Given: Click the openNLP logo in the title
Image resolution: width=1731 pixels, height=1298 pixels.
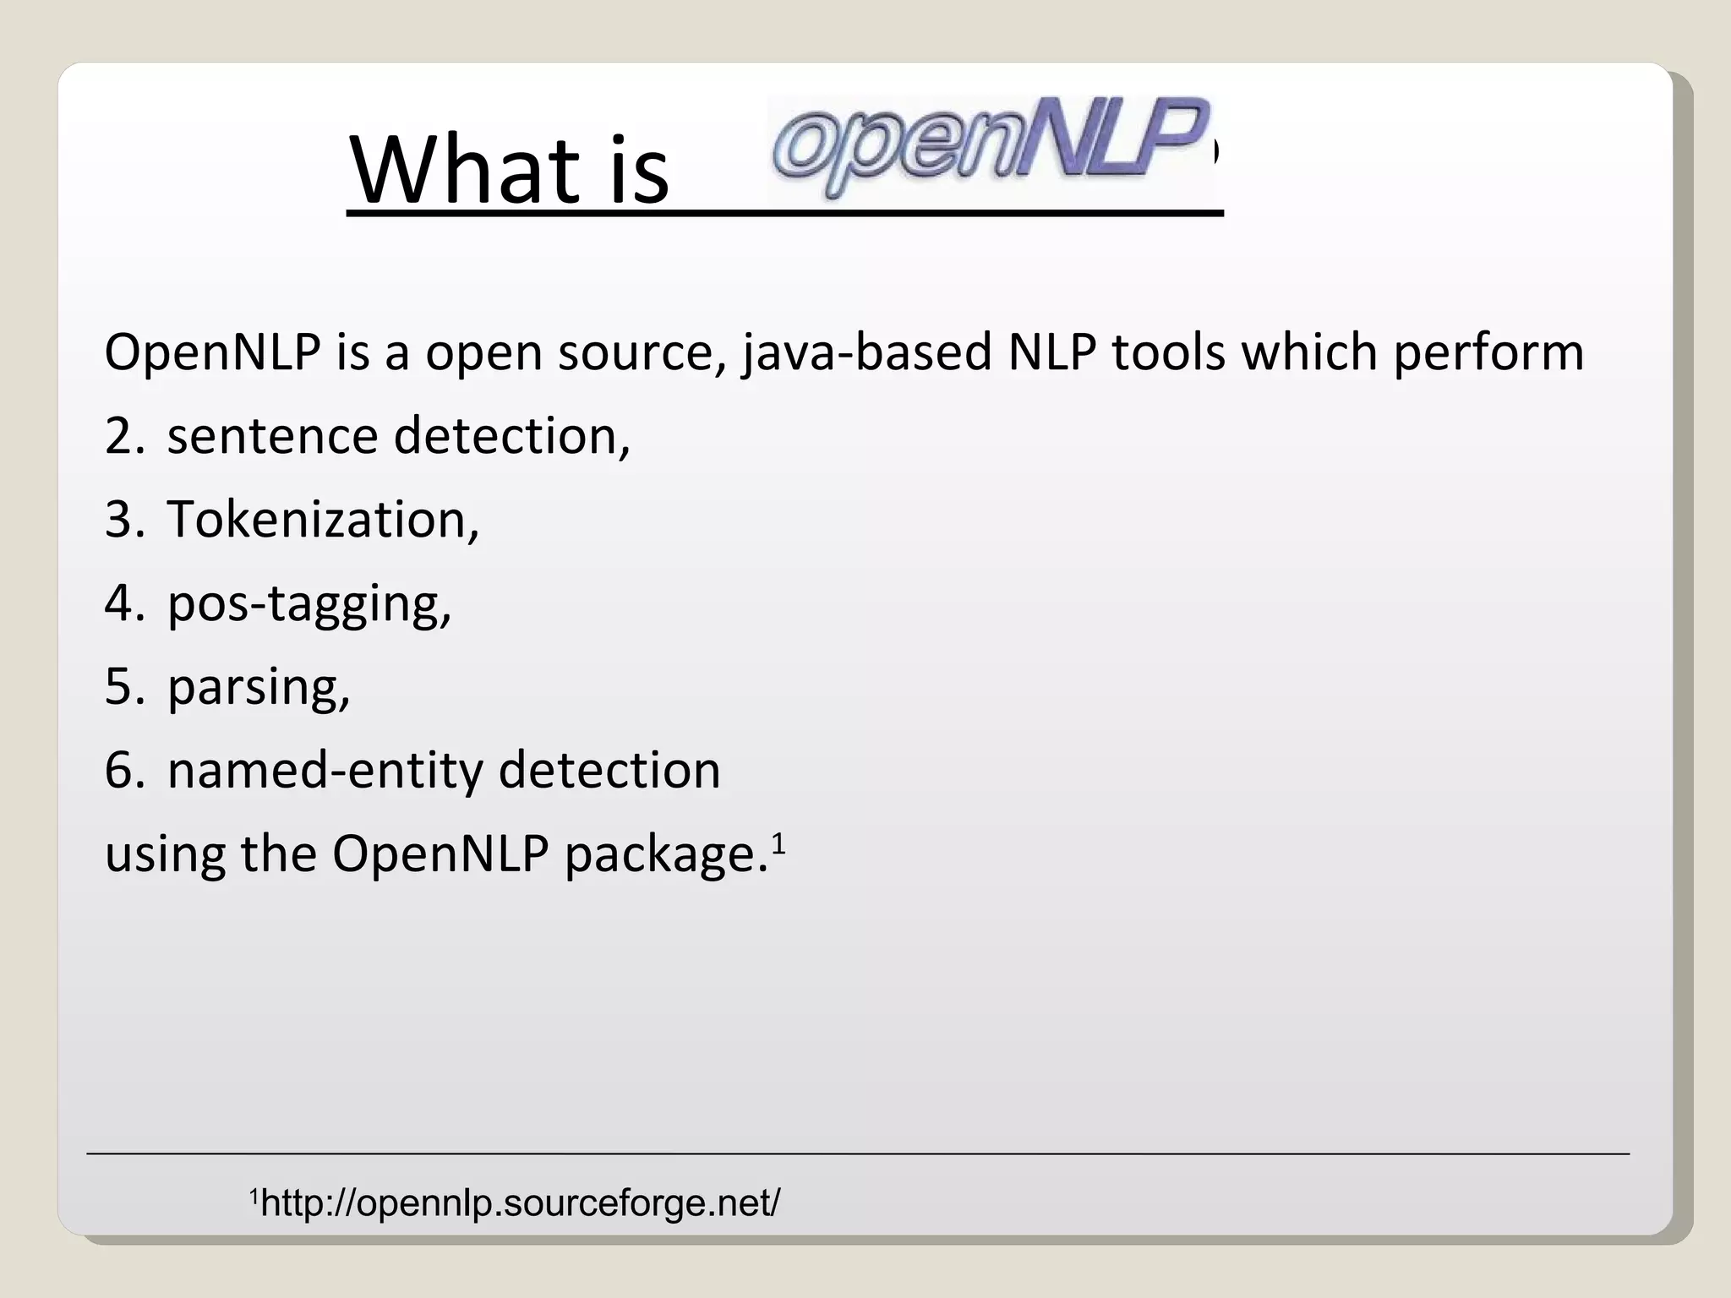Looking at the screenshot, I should pyautogui.click(x=989, y=148).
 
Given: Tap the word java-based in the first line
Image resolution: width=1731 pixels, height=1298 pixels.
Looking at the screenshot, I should pyautogui.click(x=866, y=352).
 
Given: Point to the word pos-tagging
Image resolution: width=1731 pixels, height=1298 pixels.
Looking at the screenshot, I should pyautogui.click(x=309, y=604).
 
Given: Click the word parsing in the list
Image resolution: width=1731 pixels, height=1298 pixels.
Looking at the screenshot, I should pyautogui.click(x=259, y=686).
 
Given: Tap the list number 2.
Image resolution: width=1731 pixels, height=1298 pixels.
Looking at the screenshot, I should pyautogui.click(x=123, y=436).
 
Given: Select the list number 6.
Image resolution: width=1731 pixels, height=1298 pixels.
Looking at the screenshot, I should pyautogui.click(x=123, y=770).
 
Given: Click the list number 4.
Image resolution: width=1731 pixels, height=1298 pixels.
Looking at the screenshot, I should pyautogui.click(x=123, y=604).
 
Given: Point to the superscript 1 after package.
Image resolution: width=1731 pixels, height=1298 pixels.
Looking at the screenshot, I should pyautogui.click(x=778, y=842).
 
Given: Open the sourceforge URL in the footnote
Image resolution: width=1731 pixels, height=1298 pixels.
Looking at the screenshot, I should pyautogui.click(x=521, y=1203).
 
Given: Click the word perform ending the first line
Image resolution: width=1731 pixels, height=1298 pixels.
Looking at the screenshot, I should pyautogui.click(x=1488, y=352).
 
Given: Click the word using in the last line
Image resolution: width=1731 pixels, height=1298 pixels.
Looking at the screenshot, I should pyautogui.click(x=165, y=854).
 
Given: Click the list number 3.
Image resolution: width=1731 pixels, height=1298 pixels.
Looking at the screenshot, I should pyautogui.click(x=123, y=519).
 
